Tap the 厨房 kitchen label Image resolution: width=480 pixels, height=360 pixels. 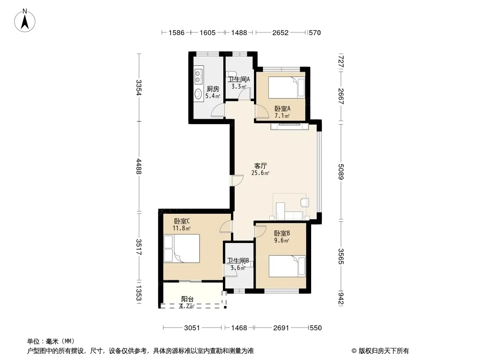click(x=213, y=89)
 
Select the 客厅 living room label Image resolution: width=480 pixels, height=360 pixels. click(x=261, y=166)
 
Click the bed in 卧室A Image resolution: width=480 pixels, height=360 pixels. click(x=287, y=87)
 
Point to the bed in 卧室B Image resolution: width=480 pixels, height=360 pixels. click(x=287, y=266)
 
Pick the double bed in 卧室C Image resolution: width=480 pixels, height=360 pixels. click(x=181, y=248)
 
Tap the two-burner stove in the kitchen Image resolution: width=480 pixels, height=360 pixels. click(x=199, y=76)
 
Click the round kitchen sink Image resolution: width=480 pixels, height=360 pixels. click(x=199, y=94)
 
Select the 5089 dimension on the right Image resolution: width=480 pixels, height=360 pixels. click(x=341, y=171)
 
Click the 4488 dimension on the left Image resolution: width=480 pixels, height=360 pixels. click(x=139, y=166)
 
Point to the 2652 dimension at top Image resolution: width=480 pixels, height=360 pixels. click(x=281, y=33)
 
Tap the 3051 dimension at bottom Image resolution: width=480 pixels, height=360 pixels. click(x=192, y=328)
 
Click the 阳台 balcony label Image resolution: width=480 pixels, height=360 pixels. click(x=187, y=299)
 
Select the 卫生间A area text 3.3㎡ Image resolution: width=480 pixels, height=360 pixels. click(x=239, y=86)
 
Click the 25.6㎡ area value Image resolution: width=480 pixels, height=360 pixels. click(x=260, y=173)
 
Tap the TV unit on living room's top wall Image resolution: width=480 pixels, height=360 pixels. click(x=290, y=126)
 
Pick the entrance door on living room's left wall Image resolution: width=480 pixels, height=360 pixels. click(x=237, y=180)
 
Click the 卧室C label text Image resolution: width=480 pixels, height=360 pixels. click(x=182, y=221)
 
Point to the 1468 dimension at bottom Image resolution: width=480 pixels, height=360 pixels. click(x=239, y=328)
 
